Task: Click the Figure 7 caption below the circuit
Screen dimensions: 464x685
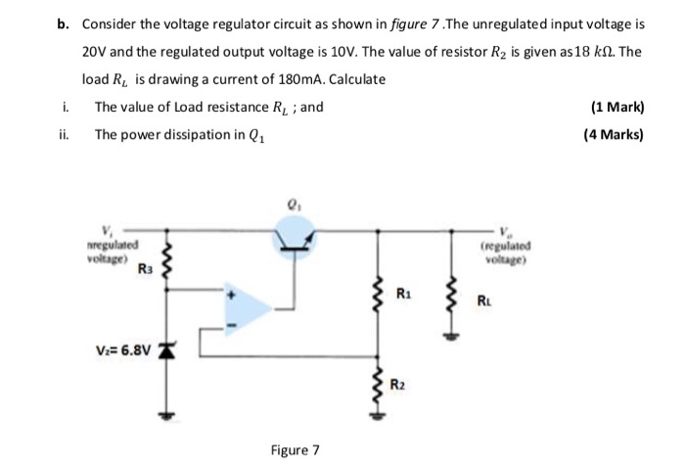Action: point(295,449)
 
